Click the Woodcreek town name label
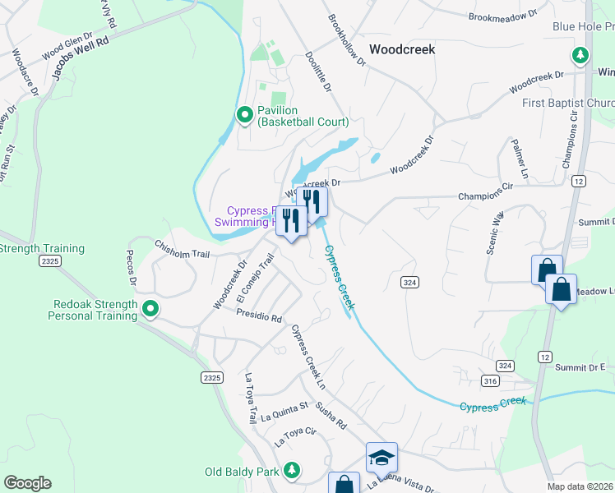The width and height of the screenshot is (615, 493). [x=402, y=49]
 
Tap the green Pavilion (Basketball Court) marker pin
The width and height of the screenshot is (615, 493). [x=244, y=116]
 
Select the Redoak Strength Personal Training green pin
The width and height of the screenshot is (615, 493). [x=150, y=310]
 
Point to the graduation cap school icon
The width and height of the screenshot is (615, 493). [x=381, y=458]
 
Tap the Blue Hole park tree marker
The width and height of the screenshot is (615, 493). [x=580, y=56]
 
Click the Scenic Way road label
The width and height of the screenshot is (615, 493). [x=494, y=234]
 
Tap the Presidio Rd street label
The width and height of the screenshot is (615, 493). [x=259, y=314]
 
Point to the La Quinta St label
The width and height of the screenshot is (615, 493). [x=284, y=411]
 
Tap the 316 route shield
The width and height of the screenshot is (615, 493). [x=491, y=380]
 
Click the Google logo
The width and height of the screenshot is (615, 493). [x=27, y=483]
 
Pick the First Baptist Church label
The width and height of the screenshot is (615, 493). [x=568, y=103]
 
